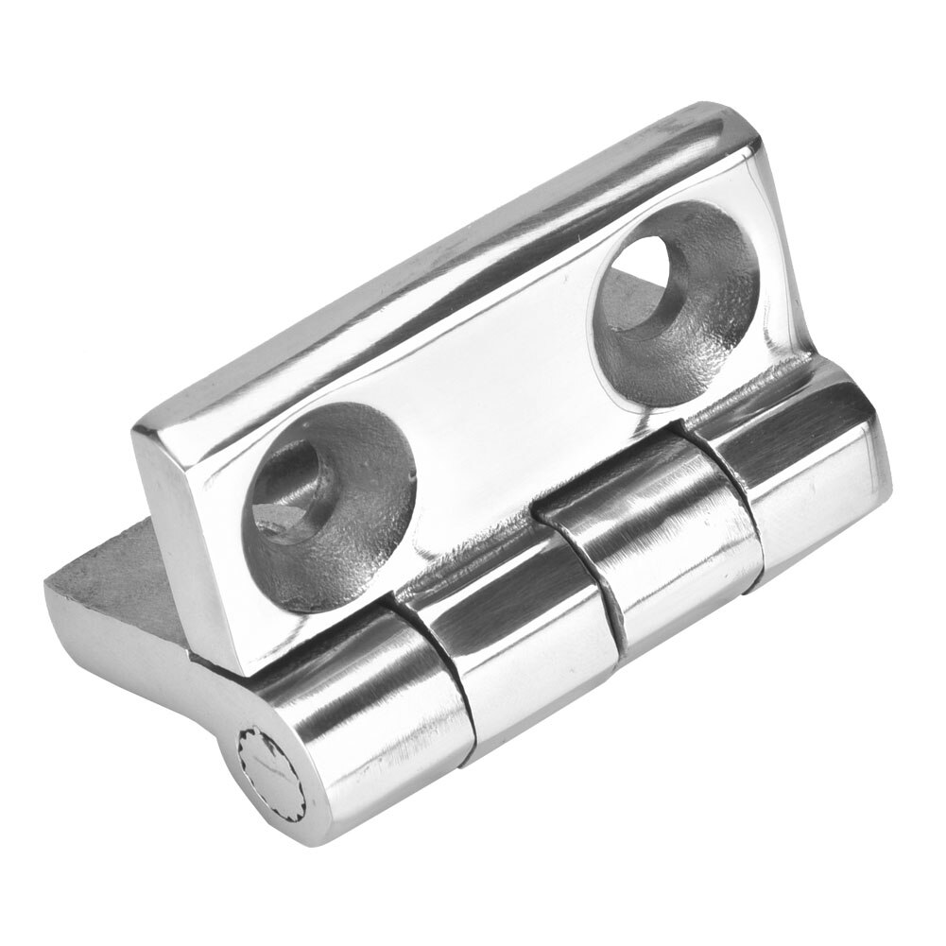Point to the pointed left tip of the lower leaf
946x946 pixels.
(52, 586)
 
